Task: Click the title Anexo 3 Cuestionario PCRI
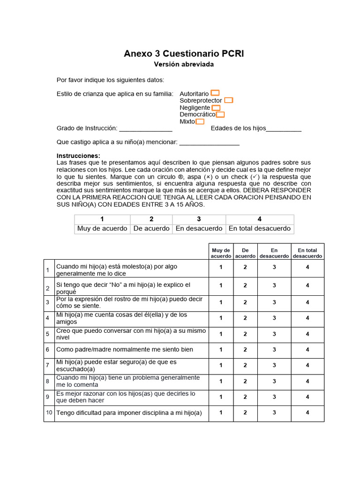click(x=184, y=53)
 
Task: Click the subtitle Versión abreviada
click(x=184, y=64)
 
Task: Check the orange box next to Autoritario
click(x=215, y=93)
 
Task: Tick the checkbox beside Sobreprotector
click(x=228, y=100)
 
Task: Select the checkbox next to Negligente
click(x=216, y=107)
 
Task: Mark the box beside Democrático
click(x=220, y=114)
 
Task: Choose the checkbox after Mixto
click(x=200, y=121)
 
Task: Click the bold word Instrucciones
click(x=78, y=156)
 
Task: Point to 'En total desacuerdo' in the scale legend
click(x=260, y=229)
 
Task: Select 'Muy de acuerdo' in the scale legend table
click(x=102, y=229)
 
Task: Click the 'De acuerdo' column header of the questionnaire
click(x=245, y=253)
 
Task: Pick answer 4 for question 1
click(x=307, y=268)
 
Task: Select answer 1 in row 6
click(x=220, y=350)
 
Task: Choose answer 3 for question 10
click(x=274, y=412)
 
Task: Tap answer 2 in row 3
click(x=245, y=302)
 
